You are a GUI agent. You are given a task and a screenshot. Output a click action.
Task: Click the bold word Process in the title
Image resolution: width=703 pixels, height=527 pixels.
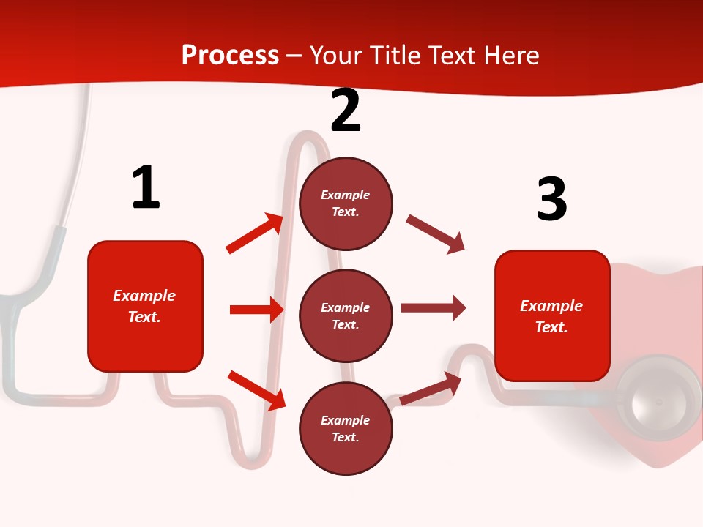230,56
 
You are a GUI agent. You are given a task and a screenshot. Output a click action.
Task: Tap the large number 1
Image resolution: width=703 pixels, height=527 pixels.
145,187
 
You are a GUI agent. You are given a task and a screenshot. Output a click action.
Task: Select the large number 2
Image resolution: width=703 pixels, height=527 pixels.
346,111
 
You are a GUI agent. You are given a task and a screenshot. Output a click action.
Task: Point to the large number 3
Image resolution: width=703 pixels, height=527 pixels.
551,199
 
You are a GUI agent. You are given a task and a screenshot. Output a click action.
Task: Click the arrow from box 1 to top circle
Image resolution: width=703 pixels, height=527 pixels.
255,233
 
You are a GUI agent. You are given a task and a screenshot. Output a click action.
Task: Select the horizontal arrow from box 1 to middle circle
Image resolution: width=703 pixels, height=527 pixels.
256,310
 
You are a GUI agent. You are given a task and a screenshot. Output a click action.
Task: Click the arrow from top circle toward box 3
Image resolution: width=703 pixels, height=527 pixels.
436,234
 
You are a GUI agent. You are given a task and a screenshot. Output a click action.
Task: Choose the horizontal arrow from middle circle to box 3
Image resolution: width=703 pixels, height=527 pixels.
433,308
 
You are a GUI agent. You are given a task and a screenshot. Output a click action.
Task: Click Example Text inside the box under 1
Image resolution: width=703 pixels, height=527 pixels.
144,306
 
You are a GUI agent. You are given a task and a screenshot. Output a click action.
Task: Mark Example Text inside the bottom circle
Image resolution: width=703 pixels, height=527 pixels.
345,429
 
